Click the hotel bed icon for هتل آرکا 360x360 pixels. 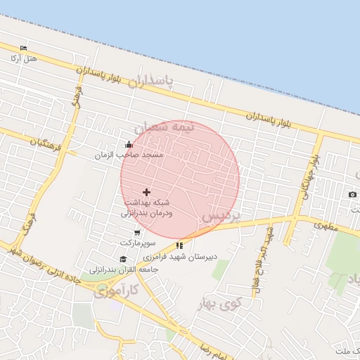pos(24,48)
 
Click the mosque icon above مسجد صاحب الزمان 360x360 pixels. pos(129,145)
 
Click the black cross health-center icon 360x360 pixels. pos(146,192)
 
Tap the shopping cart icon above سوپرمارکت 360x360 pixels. pos(136,233)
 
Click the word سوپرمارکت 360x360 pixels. pos(136,242)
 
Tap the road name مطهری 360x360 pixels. pos(326,226)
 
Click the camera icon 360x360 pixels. pos(352,194)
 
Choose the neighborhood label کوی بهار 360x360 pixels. pos(219,303)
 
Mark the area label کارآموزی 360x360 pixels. pos(117,289)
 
